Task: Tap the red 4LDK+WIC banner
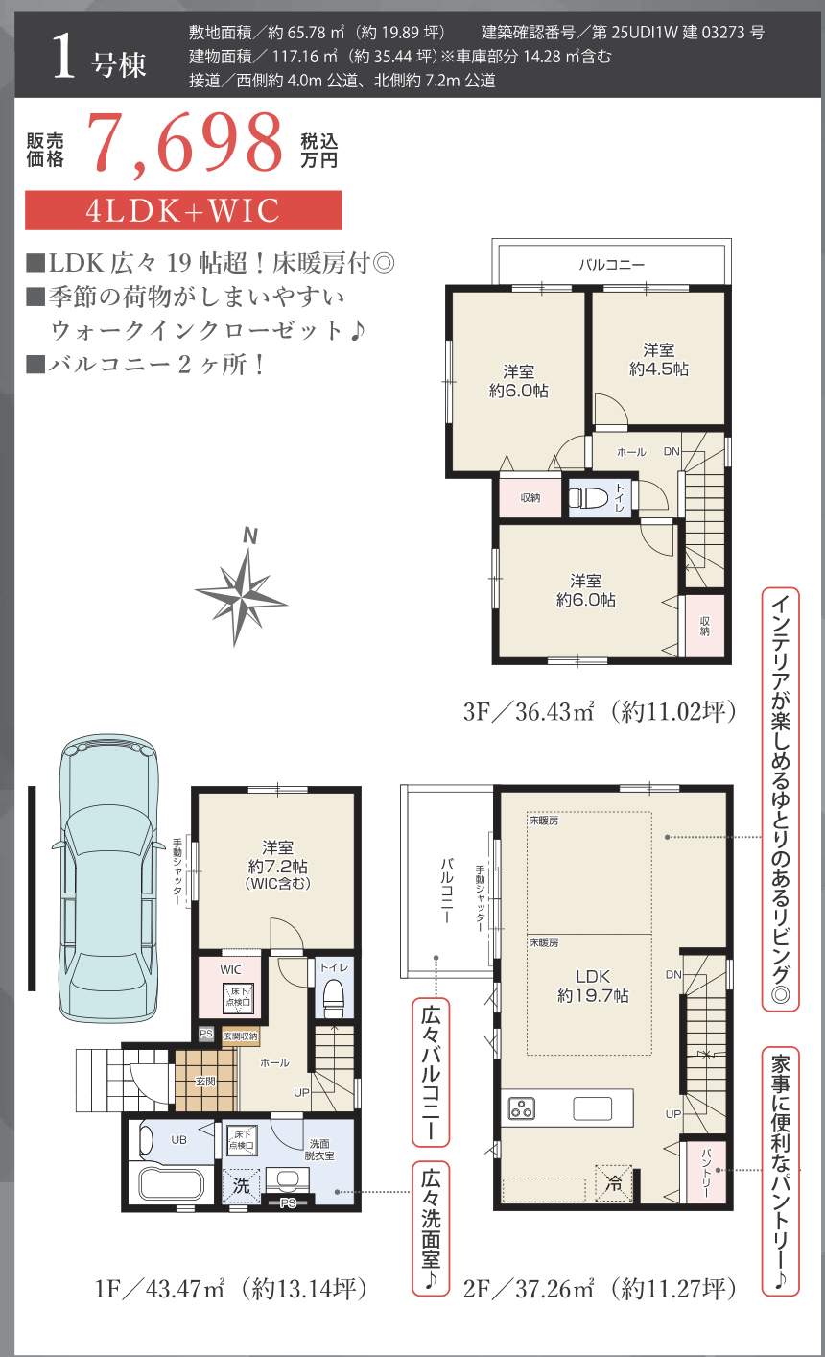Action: coord(183,210)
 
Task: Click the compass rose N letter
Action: coord(250,536)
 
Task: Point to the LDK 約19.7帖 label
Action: coord(593,986)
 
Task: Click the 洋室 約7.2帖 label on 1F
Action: coord(277,865)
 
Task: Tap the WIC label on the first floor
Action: coord(230,970)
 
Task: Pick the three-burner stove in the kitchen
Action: coord(520,1108)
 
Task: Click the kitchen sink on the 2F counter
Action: coord(592,1108)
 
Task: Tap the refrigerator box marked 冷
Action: coord(613,1182)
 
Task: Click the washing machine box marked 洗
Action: coord(242,1185)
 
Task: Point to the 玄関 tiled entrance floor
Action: coord(205,1081)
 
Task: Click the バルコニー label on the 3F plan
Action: coord(611,264)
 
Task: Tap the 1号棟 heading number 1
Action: coord(63,57)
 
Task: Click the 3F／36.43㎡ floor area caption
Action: coord(600,711)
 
